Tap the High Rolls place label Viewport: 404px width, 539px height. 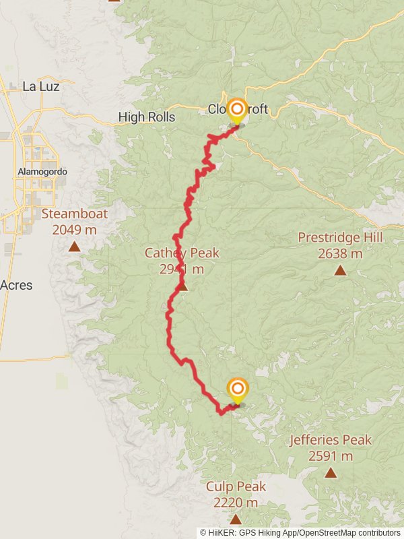(x=147, y=117)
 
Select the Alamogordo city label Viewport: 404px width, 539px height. (x=42, y=172)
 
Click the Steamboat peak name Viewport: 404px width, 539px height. (x=74, y=214)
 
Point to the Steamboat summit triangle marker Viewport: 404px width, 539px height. (x=74, y=247)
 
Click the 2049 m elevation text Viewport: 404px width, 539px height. (x=74, y=230)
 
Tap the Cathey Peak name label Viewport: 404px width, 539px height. (x=182, y=253)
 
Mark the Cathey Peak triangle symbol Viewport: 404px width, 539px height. (x=182, y=287)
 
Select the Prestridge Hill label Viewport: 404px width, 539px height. (x=340, y=238)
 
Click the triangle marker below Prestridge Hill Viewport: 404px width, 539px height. (x=340, y=270)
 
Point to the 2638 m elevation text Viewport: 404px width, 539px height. (x=340, y=254)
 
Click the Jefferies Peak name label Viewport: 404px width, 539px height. (x=331, y=441)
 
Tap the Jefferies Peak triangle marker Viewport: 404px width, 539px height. (x=331, y=472)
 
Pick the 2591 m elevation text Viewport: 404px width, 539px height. (x=331, y=456)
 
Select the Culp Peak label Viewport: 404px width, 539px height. (x=236, y=486)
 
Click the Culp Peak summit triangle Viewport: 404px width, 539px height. (x=236, y=519)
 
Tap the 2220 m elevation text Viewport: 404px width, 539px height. (x=236, y=503)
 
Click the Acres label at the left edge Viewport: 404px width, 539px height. (x=16, y=286)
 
